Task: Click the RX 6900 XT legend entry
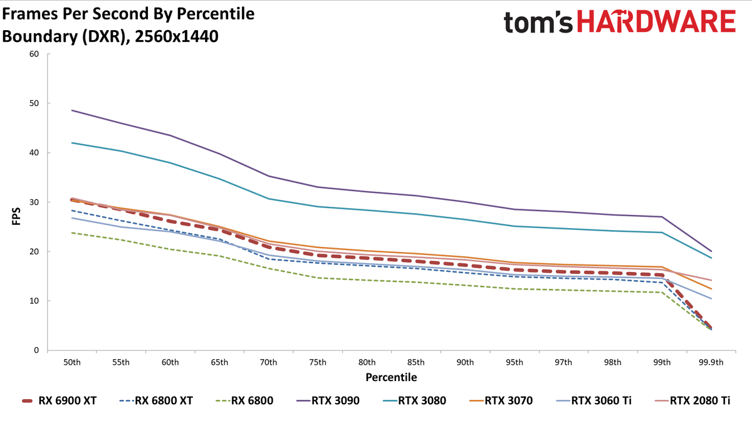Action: pos(59,401)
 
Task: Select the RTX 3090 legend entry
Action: pos(328,401)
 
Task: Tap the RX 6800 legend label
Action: pos(252,401)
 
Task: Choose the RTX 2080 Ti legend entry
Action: pos(692,401)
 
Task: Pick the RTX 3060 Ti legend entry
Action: pos(593,401)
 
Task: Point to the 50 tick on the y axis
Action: pos(34,103)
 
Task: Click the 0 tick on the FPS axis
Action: pos(36,350)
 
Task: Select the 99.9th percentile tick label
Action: pos(711,363)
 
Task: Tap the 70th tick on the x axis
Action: pos(269,363)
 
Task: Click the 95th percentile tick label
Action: pos(514,363)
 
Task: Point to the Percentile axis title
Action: pos(391,377)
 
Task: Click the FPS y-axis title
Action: pos(16,216)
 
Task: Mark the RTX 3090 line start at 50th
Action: pos(72,110)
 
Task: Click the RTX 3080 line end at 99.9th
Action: pos(711,258)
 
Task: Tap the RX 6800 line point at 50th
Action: pos(72,232)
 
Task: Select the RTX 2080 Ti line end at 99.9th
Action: pos(711,280)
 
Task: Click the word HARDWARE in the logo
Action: pos(656,21)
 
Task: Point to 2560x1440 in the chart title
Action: pos(177,36)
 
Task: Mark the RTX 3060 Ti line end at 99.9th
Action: pos(711,298)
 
